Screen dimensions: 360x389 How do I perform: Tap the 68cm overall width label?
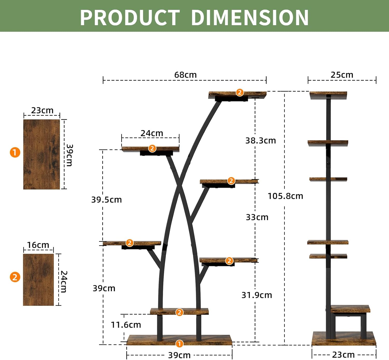coord(185,75)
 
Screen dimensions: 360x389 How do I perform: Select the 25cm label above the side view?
coord(342,75)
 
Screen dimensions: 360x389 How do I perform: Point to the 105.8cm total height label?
coord(285,196)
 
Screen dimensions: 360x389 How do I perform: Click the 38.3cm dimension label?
coord(261,140)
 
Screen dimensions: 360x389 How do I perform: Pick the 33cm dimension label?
coord(257,217)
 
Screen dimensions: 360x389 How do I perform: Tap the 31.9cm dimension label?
coord(257,295)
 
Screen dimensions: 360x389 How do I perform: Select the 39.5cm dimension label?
coord(106,200)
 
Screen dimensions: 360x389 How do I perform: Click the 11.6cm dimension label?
coord(126,325)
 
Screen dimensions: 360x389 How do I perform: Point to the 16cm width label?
coord(38,245)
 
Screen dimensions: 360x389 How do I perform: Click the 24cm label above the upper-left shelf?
coord(152,133)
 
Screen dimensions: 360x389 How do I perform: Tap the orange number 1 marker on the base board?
coord(179,344)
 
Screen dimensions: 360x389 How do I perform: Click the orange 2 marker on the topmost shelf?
coord(240,92)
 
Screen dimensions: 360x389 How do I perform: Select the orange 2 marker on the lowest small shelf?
coord(179,312)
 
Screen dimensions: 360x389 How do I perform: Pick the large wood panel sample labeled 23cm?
coord(41,154)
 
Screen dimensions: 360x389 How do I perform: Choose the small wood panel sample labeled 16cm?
coord(38,280)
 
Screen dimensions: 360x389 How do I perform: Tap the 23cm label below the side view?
coord(343,355)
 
